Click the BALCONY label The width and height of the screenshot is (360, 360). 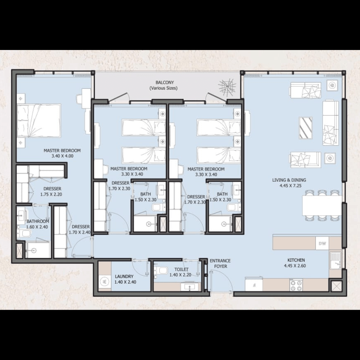pyautogui.click(x=165, y=82)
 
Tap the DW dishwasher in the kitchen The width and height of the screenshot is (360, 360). pyautogui.click(x=322, y=243)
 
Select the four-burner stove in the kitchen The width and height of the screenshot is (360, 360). pyautogui.click(x=296, y=285)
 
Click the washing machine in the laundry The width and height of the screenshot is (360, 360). pyautogui.click(x=105, y=281)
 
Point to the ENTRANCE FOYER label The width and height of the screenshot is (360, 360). pyautogui.click(x=220, y=264)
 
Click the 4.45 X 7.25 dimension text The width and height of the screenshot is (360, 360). pyautogui.click(x=290, y=186)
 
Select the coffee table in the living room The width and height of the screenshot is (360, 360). pyautogui.click(x=306, y=128)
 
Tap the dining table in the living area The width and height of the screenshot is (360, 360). pyautogui.click(x=322, y=205)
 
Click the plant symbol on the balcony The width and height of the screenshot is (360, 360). pyautogui.click(x=227, y=87)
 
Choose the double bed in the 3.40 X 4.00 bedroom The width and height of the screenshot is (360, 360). pyautogui.click(x=39, y=121)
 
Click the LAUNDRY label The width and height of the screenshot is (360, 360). pyautogui.click(x=124, y=276)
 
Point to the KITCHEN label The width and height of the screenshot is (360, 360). pyautogui.click(x=296, y=260)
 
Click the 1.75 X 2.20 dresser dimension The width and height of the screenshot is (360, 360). pyautogui.click(x=51, y=194)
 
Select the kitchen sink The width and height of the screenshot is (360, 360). pyautogui.click(x=335, y=260)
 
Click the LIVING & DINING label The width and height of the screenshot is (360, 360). pyautogui.click(x=289, y=180)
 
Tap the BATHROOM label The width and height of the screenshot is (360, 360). pyautogui.click(x=38, y=221)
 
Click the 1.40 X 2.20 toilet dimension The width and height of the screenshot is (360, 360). pyautogui.click(x=180, y=275)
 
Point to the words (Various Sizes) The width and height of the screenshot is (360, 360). pyautogui.click(x=163, y=88)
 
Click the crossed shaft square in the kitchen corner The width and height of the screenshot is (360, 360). pyautogui.click(x=337, y=286)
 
